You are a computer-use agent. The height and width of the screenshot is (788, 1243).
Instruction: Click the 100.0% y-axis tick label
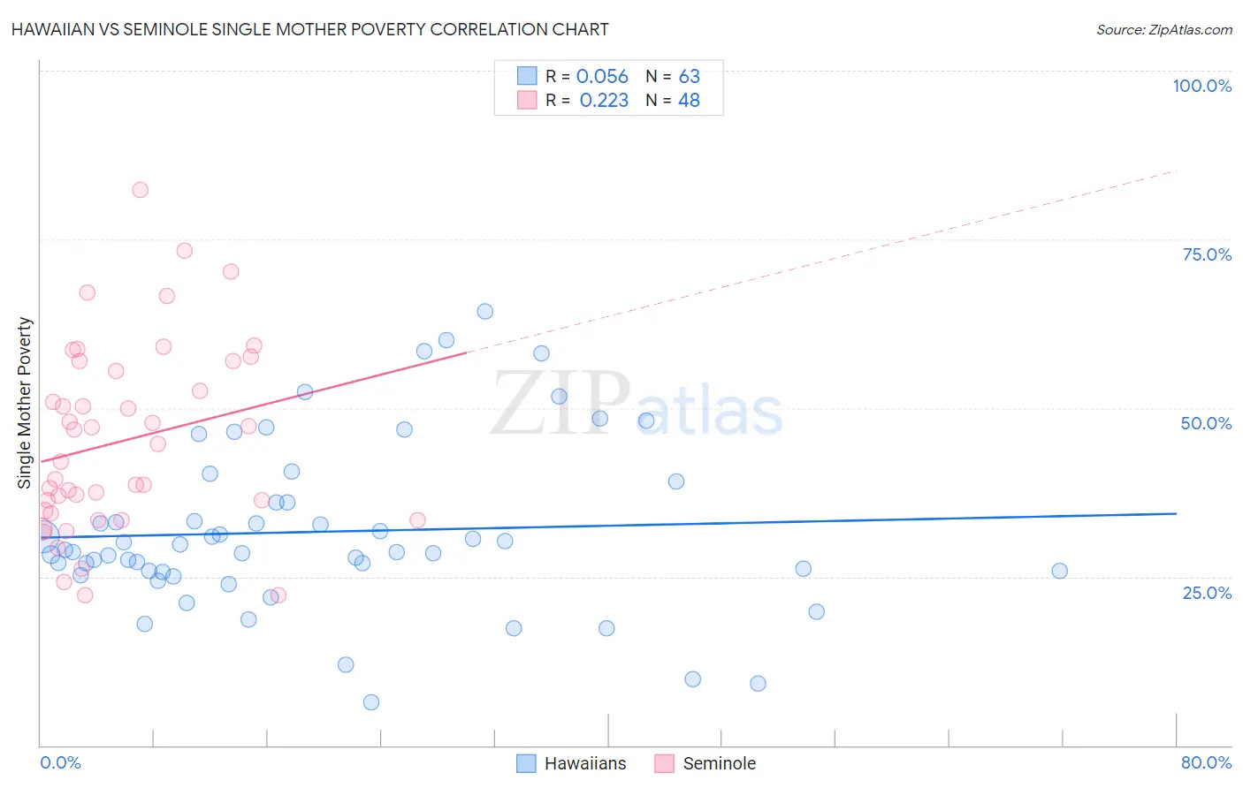click(1201, 86)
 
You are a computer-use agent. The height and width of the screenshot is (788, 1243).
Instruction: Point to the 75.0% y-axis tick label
click(1207, 254)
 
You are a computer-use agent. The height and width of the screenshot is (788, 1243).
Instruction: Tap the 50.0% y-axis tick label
click(1206, 423)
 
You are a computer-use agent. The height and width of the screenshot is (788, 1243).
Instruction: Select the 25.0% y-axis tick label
click(1207, 593)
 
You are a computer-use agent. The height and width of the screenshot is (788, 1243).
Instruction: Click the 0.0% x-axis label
click(60, 762)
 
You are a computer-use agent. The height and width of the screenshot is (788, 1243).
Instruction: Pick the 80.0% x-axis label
click(1206, 762)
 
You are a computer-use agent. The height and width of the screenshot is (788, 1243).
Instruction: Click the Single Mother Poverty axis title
click(25, 403)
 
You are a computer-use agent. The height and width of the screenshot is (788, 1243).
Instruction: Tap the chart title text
click(310, 29)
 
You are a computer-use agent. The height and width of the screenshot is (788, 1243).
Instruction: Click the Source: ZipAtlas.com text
click(1163, 30)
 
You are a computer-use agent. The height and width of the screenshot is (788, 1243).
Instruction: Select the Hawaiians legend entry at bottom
click(584, 763)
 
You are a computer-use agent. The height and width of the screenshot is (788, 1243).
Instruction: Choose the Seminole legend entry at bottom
click(719, 763)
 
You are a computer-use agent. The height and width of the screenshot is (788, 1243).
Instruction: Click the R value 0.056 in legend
click(602, 77)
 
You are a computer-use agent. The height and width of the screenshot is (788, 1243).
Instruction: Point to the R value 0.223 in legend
click(604, 101)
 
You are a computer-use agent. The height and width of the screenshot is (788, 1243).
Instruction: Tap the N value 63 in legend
click(689, 77)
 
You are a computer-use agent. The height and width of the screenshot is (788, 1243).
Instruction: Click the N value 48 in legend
click(689, 101)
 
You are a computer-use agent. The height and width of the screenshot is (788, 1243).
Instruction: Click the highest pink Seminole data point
click(140, 190)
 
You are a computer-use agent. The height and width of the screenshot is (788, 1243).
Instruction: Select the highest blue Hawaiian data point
click(484, 311)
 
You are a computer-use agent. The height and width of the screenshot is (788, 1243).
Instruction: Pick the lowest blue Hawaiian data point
click(371, 702)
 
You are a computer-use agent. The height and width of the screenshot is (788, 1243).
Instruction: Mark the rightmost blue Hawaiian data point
click(1059, 571)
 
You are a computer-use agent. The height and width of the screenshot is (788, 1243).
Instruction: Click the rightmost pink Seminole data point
click(417, 520)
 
